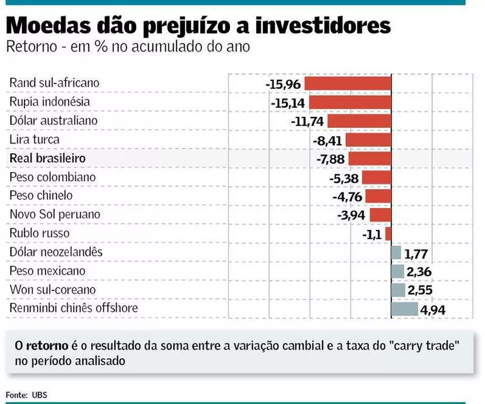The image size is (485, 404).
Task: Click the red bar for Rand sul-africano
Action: coord(347,83)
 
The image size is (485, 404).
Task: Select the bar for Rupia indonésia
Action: coord(350,102)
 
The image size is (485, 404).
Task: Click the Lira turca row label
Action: coord(35,139)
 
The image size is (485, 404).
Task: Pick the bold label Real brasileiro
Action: coord(47,158)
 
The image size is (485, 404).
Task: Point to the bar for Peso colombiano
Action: coord(376,177)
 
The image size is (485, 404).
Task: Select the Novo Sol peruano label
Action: coord(55,214)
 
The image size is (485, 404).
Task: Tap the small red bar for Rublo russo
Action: coord(388,234)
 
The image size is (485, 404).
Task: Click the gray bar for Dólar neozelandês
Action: coord(396,253)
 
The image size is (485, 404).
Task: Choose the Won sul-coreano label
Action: coord(53,290)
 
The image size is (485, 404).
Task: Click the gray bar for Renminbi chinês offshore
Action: coord(404,309)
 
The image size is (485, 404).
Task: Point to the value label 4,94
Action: coord(432,310)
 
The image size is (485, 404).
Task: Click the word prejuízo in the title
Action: coord(193,26)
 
